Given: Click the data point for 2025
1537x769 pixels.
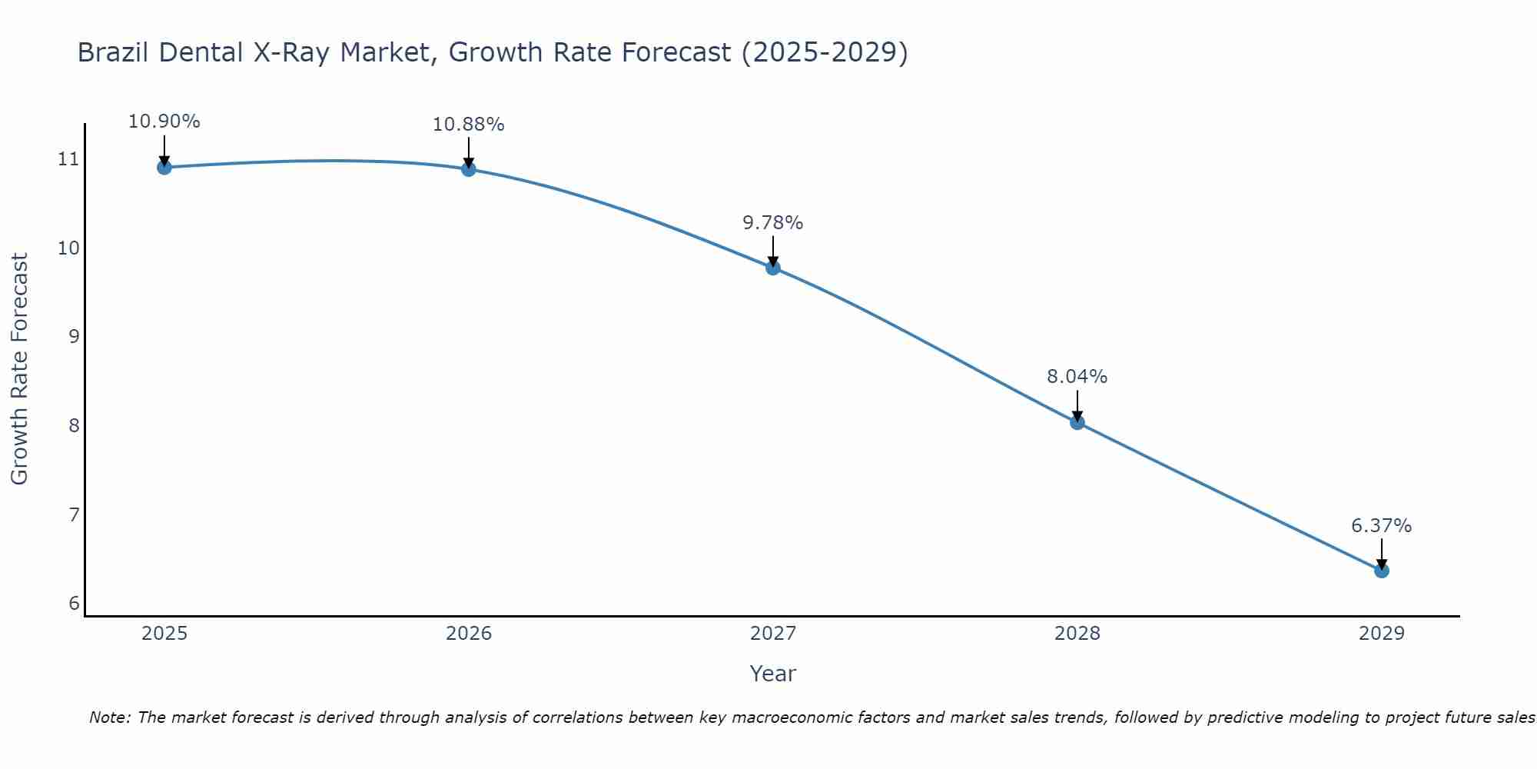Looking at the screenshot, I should [x=164, y=167].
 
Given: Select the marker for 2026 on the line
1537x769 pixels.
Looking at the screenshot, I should [x=468, y=168].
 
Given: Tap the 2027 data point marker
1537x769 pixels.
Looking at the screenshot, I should [x=772, y=268].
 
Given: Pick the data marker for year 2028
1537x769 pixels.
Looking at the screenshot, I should [x=1077, y=422].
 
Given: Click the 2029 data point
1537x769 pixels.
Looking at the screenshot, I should [x=1381, y=571].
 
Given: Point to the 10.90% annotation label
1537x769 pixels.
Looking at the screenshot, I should [x=164, y=122].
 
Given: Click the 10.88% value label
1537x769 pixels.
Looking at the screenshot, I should [x=468, y=125].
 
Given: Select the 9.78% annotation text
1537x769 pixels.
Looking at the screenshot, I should [x=772, y=223].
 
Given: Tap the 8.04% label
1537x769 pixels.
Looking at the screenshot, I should [x=1077, y=377].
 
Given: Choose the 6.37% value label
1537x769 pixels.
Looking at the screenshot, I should [x=1381, y=526].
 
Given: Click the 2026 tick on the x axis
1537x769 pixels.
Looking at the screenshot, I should [x=469, y=634].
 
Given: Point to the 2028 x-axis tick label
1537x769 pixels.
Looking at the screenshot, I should [x=1077, y=634].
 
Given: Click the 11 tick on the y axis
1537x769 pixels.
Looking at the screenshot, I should [x=68, y=159].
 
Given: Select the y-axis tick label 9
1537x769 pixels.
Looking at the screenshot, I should [x=74, y=336].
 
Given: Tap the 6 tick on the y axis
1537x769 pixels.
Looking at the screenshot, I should [x=74, y=603].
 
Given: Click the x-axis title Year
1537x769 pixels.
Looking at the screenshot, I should [x=772, y=674].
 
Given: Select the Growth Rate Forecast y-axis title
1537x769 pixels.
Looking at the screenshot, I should [x=20, y=369].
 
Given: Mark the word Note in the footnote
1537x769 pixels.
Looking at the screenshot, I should [x=109, y=717].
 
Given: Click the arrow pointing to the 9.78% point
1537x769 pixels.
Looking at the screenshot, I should [x=772, y=250].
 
